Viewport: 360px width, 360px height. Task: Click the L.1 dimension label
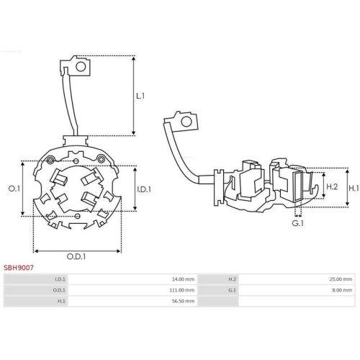pyautogui.click(x=140, y=95)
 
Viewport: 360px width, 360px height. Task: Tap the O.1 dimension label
pyautogui.click(x=13, y=189)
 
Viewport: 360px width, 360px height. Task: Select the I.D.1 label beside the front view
pyautogui.click(x=143, y=189)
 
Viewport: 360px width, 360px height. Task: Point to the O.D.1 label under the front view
pyautogui.click(x=77, y=256)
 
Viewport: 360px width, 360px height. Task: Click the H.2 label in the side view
pyautogui.click(x=332, y=186)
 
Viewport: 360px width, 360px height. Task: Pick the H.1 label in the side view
pyautogui.click(x=354, y=187)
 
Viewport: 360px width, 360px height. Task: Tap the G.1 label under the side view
pyautogui.click(x=297, y=224)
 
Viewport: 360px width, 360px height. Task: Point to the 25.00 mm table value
pyautogui.click(x=342, y=279)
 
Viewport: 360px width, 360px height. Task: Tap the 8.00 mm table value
pyautogui.click(x=343, y=290)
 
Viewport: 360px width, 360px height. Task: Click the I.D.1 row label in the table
pyautogui.click(x=60, y=279)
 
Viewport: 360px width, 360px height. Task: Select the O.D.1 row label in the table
pyautogui.click(x=60, y=290)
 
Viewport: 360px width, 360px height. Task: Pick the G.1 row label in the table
pyautogui.click(x=232, y=290)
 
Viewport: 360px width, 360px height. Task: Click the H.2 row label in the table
pyautogui.click(x=232, y=279)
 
